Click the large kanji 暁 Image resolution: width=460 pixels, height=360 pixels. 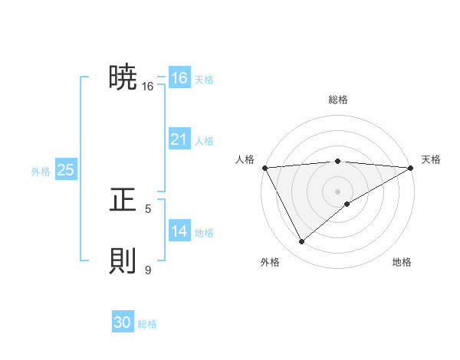click(123, 77)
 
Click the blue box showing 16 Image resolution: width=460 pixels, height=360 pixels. click(179, 78)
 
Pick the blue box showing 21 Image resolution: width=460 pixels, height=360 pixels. click(179, 139)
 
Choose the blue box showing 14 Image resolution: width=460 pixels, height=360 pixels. click(179, 231)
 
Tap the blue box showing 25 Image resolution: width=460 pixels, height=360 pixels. click(65, 170)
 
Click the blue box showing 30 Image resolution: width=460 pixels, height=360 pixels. click(123, 323)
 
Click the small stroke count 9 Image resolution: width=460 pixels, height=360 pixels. click(148, 270)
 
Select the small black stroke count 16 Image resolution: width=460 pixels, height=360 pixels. click(148, 87)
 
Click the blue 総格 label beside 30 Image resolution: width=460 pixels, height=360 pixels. click(147, 324)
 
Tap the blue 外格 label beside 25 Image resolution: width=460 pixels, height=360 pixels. click(41, 172)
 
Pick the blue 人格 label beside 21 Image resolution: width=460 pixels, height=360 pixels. click(204, 141)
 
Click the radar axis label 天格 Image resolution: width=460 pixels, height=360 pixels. click(431, 159)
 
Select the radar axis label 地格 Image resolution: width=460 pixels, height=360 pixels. click(402, 263)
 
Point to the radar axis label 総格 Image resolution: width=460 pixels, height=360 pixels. click(337, 100)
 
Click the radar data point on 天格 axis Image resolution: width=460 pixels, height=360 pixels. click(411, 167)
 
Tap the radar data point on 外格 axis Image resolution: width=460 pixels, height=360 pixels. click(301, 241)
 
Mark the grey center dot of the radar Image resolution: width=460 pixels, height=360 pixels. click(337, 191)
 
